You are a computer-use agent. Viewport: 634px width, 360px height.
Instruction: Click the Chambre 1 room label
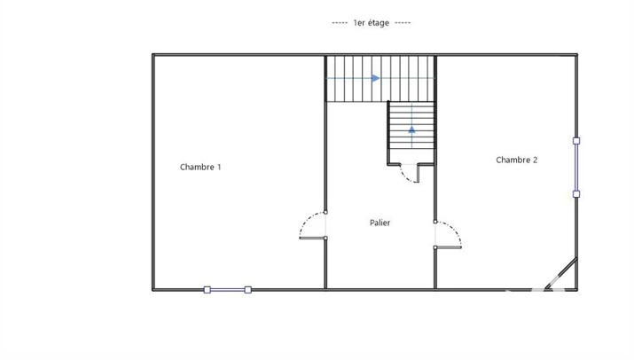pyautogui.click(x=200, y=167)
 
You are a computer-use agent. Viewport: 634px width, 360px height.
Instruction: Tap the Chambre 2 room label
pyautogui.click(x=517, y=160)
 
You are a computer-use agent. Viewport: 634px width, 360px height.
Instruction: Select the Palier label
pyautogui.click(x=380, y=223)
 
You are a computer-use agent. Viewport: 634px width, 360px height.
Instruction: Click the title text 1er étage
pyautogui.click(x=372, y=23)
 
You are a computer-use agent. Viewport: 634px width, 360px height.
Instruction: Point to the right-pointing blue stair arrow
pyautogui.click(x=376, y=78)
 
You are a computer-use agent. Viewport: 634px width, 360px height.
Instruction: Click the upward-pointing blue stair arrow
pyautogui.click(x=411, y=129)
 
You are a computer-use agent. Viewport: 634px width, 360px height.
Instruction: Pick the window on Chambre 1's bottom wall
pyautogui.click(x=228, y=290)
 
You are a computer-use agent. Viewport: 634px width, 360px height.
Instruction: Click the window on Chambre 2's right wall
pyautogui.click(x=576, y=167)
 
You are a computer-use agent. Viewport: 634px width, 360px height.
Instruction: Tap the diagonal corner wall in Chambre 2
pyautogui.click(x=560, y=273)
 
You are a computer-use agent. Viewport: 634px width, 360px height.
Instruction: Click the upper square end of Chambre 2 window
pyautogui.click(x=576, y=141)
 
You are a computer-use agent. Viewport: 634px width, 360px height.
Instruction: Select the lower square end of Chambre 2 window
pyautogui.click(x=576, y=194)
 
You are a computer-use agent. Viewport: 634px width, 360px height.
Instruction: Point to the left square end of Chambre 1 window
pyautogui.click(x=207, y=290)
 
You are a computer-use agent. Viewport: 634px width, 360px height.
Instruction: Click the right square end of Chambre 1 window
pyautogui.click(x=248, y=290)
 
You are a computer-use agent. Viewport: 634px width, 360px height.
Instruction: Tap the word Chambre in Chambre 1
pyautogui.click(x=198, y=167)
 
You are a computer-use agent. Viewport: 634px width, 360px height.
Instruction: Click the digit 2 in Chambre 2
pyautogui.click(x=536, y=160)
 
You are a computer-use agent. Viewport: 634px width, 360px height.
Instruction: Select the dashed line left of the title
pyautogui.click(x=340, y=23)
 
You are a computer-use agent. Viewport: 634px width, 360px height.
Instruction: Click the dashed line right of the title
pyautogui.click(x=403, y=23)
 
